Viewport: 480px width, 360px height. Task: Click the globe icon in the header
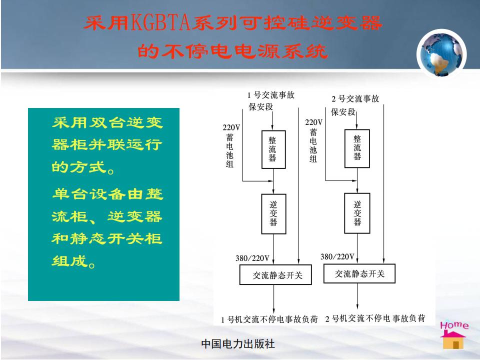441,54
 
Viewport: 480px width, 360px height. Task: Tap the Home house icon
453,335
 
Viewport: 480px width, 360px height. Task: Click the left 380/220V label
252,258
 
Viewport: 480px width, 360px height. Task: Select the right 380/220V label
337,256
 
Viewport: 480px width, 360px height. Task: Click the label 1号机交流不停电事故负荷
269,319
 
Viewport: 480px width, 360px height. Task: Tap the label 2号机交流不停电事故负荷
375,318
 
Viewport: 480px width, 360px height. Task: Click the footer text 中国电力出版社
238,344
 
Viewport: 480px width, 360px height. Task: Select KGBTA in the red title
161,23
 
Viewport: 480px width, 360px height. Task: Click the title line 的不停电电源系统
232,51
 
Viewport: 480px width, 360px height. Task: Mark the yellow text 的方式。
83,167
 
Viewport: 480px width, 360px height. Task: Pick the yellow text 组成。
73,261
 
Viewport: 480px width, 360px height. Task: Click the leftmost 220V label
231,127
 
